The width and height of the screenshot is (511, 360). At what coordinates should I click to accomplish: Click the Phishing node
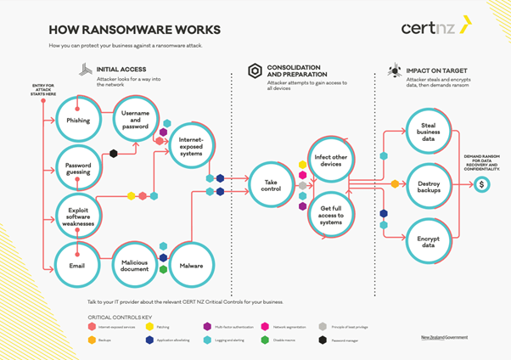click(x=78, y=121)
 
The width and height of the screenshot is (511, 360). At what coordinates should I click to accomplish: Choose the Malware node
click(x=191, y=265)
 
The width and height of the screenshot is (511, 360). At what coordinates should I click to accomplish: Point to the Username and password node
click(x=135, y=121)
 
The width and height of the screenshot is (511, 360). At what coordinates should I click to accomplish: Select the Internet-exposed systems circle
click(x=191, y=147)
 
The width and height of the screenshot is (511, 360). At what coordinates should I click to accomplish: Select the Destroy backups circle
click(x=429, y=183)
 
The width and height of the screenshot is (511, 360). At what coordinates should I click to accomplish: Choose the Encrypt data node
click(x=429, y=240)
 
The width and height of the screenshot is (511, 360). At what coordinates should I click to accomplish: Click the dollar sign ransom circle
click(x=481, y=184)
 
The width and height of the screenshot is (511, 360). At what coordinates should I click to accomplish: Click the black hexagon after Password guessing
click(x=113, y=154)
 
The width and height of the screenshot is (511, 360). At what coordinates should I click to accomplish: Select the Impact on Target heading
click(x=438, y=70)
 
